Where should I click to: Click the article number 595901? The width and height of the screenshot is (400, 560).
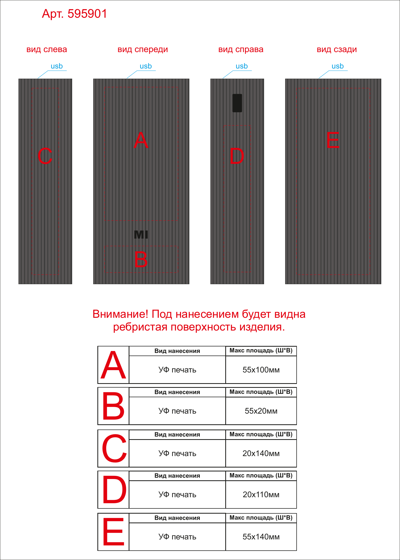click(87, 14)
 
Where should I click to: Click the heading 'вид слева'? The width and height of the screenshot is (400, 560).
click(47, 49)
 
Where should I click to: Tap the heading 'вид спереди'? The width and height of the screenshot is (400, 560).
click(143, 50)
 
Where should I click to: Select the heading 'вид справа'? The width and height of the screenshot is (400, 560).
click(241, 50)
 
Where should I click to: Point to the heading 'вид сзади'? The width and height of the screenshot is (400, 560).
click(337, 50)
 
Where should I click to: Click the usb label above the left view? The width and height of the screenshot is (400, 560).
click(57, 66)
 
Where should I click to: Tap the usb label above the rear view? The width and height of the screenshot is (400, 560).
click(338, 66)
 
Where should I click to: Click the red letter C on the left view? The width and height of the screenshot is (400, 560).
click(45, 156)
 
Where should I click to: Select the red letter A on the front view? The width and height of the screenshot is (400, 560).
click(141, 140)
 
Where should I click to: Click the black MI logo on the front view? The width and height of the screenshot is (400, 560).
click(141, 235)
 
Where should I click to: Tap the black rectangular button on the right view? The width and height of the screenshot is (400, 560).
click(237, 103)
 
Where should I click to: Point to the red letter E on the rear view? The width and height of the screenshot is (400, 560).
click(333, 140)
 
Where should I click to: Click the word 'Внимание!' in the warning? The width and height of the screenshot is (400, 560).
click(120, 314)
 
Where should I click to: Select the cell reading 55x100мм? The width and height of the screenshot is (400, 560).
click(261, 370)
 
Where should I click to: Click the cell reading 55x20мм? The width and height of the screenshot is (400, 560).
click(261, 411)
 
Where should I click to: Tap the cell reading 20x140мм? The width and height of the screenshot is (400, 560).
click(261, 453)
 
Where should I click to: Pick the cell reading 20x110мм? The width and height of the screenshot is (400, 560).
click(261, 495)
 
